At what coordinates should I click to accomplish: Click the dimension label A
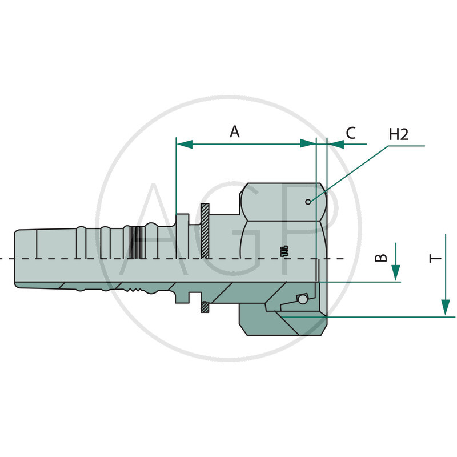coord(235,131)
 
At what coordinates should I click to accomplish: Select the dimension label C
coord(351,133)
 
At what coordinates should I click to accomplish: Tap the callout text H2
coord(399,135)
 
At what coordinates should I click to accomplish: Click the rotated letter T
coord(436,258)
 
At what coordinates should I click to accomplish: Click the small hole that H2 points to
coord(308,201)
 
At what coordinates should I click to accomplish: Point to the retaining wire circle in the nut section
coord(302,299)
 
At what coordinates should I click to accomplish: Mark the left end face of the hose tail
coord(15,257)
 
